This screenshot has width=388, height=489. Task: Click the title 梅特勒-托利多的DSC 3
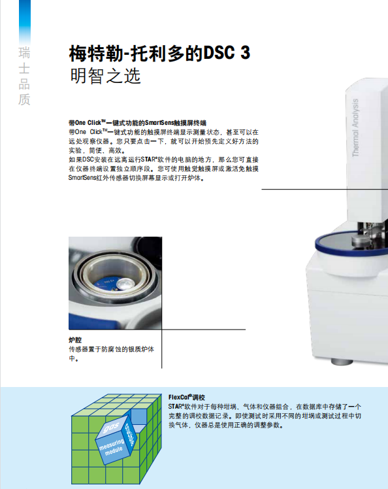(159, 53)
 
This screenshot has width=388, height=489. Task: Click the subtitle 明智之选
(105, 76)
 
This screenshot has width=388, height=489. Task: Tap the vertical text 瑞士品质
(24, 76)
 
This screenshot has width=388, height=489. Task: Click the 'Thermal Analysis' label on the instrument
(355, 127)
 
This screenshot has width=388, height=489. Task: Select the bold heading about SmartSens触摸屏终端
(137, 122)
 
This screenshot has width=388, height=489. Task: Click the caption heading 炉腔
(75, 340)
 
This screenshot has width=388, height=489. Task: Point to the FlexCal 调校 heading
(187, 397)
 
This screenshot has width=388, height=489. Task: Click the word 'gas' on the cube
(111, 428)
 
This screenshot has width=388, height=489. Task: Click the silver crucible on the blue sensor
(128, 283)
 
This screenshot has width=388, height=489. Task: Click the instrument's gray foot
(342, 362)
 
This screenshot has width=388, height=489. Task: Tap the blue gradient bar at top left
(25, 22)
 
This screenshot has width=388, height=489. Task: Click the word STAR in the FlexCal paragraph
(175, 407)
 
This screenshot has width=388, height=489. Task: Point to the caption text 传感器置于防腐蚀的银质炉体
(111, 349)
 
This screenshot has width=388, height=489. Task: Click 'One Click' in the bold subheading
(88, 122)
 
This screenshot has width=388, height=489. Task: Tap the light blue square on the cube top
(138, 416)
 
